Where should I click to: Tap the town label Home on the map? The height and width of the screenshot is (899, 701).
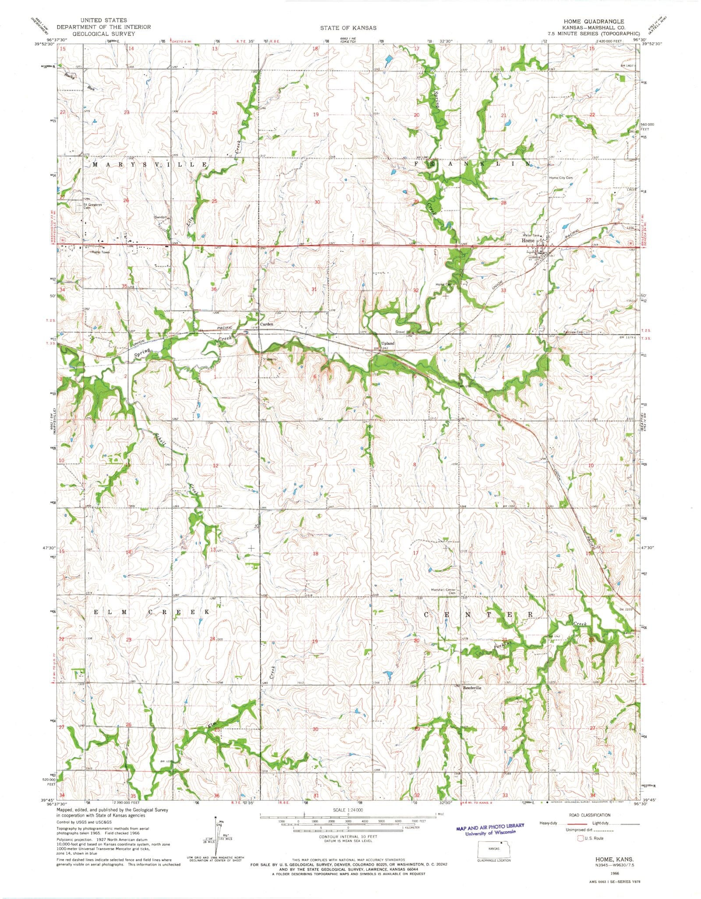(x=528, y=241)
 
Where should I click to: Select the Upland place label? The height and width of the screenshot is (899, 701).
(x=387, y=343)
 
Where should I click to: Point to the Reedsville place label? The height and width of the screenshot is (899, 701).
(x=472, y=700)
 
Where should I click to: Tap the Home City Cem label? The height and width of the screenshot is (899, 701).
(x=561, y=178)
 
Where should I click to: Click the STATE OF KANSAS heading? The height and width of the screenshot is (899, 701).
(x=348, y=28)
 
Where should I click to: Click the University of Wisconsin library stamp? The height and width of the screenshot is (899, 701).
(x=489, y=829)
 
